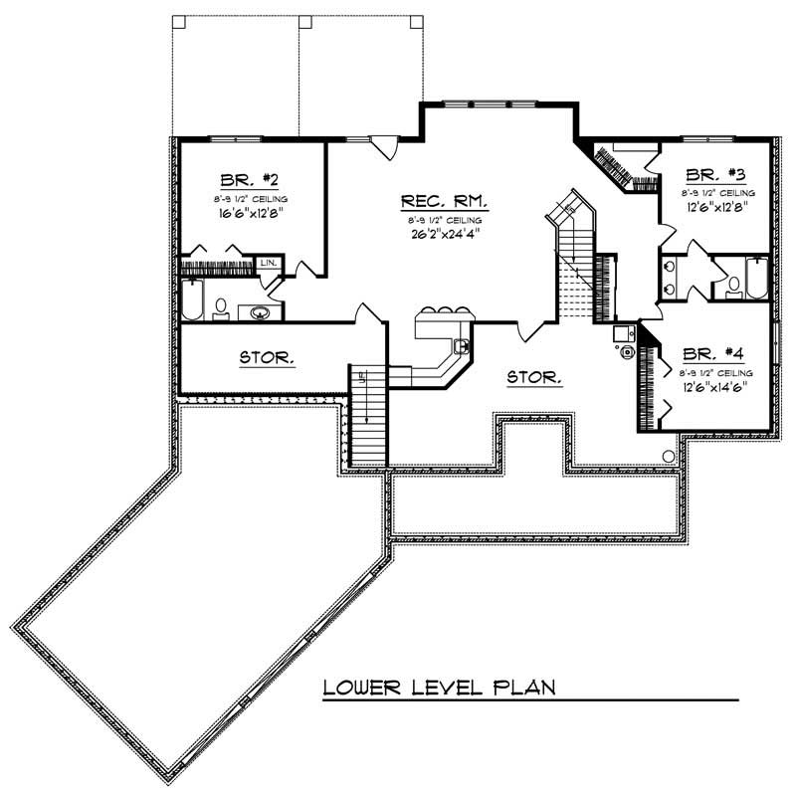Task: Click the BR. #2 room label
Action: pyautogui.click(x=249, y=180)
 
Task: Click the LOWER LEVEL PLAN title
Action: pyautogui.click(x=438, y=688)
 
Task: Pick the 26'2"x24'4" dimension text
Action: pyautogui.click(x=445, y=237)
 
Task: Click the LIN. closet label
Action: pyautogui.click(x=269, y=263)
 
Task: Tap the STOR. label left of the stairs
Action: pyautogui.click(x=266, y=357)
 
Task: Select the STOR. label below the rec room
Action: pyautogui.click(x=534, y=378)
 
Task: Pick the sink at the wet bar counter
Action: pyautogui.click(x=461, y=346)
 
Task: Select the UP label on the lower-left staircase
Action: pyautogui.click(x=364, y=379)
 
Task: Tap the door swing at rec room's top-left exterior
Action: pyautogui.click(x=382, y=145)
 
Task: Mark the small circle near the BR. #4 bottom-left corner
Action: pyautogui.click(x=669, y=456)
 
